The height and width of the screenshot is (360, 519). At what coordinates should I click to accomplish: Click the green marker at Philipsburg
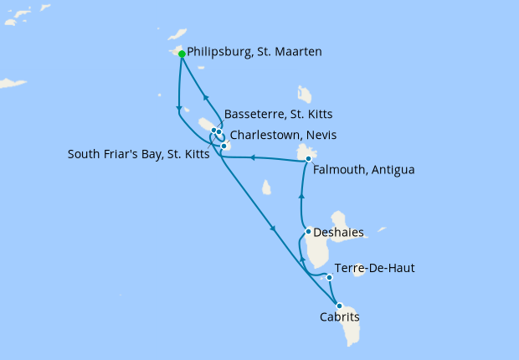(182, 54)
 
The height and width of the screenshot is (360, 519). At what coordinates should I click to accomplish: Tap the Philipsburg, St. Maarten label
(254, 52)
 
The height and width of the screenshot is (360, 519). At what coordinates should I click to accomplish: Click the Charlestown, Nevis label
(285, 134)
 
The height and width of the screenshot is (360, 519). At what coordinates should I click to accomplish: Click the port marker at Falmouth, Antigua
(309, 158)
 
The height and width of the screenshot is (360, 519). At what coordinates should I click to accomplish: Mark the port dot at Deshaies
(309, 231)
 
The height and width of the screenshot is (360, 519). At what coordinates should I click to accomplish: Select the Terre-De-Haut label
(374, 268)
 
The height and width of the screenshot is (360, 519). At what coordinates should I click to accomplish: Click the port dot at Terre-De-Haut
(330, 277)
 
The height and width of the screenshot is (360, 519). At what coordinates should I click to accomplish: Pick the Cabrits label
(339, 317)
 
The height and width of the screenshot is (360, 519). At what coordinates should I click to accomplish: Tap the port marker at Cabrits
(339, 306)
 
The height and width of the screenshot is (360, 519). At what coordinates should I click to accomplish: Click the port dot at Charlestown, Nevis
(224, 146)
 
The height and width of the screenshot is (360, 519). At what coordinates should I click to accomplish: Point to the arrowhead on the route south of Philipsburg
(179, 107)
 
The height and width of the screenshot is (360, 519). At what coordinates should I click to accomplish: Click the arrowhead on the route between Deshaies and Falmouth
(301, 196)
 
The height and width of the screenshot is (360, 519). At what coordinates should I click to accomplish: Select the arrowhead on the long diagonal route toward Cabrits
(274, 229)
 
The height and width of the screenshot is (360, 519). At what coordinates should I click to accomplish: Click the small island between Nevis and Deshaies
(266, 188)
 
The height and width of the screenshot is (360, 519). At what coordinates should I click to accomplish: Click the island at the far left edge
(13, 83)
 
